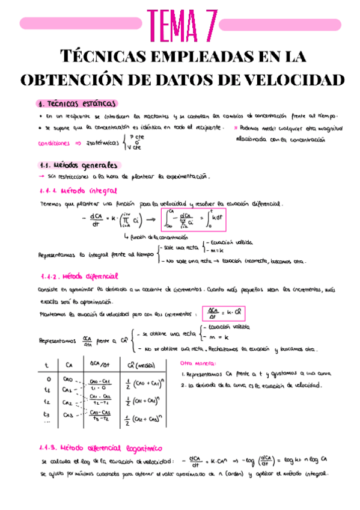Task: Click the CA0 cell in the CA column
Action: (68, 379)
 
